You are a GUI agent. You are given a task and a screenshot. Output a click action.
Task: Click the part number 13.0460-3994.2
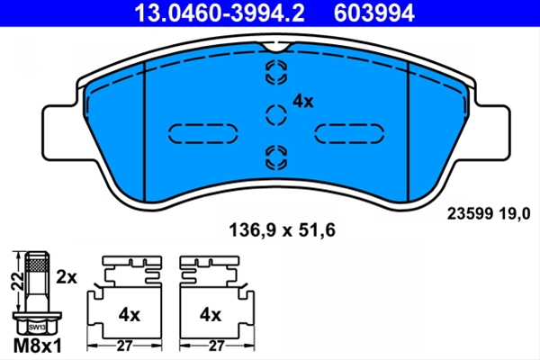220,13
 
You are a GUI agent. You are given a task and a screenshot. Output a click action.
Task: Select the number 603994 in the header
374,13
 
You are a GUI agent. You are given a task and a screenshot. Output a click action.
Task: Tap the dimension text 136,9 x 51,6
282,230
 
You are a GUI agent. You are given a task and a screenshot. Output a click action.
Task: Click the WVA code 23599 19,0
489,214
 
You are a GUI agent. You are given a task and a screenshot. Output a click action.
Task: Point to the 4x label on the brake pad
303,102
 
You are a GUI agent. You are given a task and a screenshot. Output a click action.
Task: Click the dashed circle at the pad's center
276,114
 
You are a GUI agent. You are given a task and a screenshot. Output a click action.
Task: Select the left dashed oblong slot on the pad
203,133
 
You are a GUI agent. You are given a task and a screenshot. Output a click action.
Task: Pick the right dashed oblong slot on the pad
349,133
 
